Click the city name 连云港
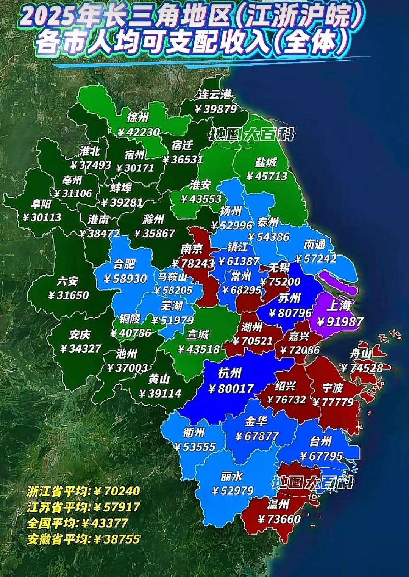tap(215, 94)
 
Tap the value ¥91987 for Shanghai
tap(340, 321)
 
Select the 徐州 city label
tap(137, 118)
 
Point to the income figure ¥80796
tap(290, 313)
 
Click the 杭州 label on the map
tap(230, 373)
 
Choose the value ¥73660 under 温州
tap(279, 519)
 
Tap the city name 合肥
tap(124, 264)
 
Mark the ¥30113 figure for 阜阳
tap(42, 218)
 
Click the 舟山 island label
tap(361, 354)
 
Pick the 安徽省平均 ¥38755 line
tap(83, 539)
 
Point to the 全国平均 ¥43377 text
tap(78, 523)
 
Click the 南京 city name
tap(192, 249)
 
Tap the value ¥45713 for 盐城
tap(267, 176)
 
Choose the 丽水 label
tap(231, 476)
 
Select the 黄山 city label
tap(159, 379)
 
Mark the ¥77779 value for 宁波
tap(333, 402)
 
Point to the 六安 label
tap(68, 281)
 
